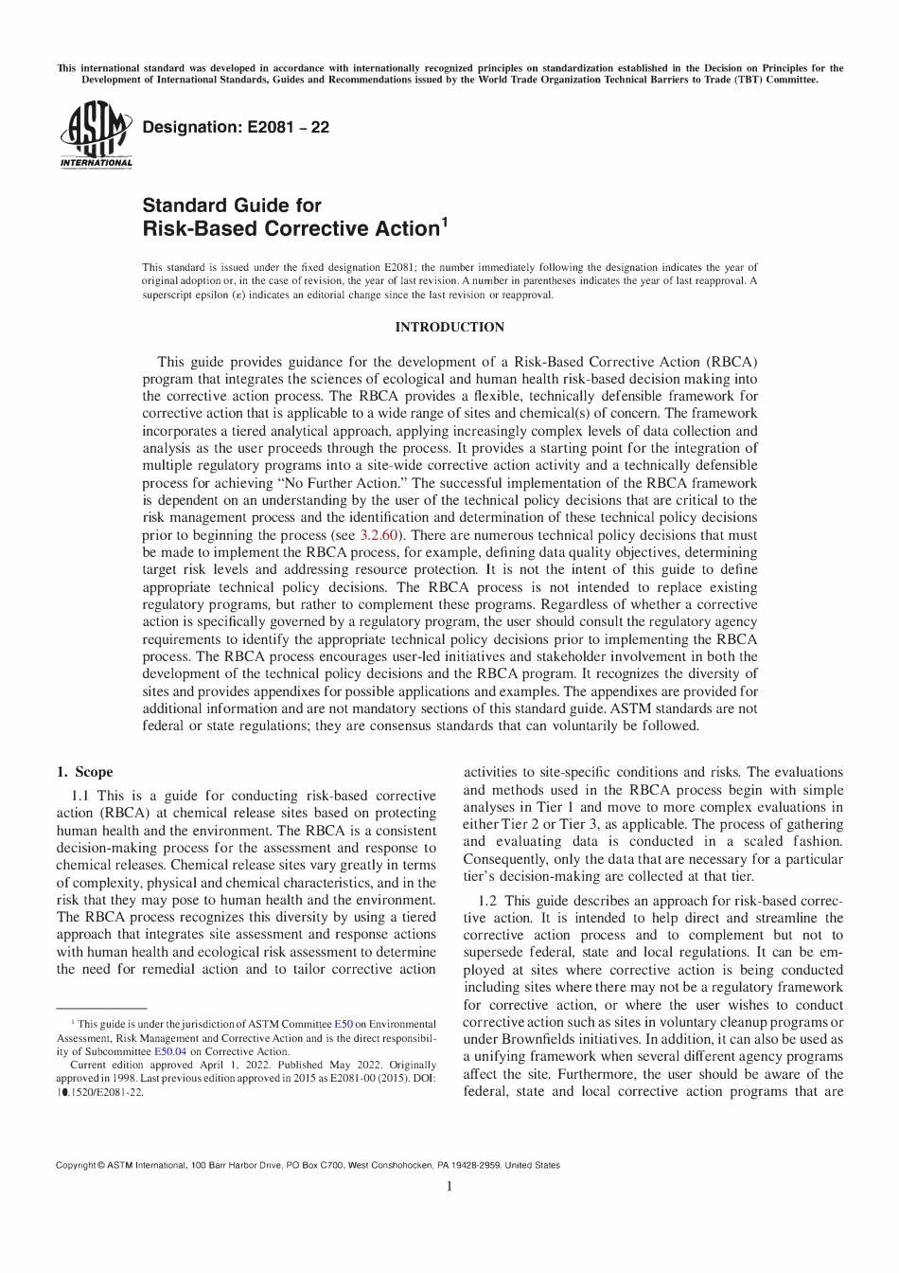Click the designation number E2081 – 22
[235, 127]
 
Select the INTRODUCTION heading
[449, 328]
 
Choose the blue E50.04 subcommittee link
[170, 1050]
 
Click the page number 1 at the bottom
[449, 1186]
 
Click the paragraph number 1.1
[81, 796]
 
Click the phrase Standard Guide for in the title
[232, 206]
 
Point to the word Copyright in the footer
[76, 1165]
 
